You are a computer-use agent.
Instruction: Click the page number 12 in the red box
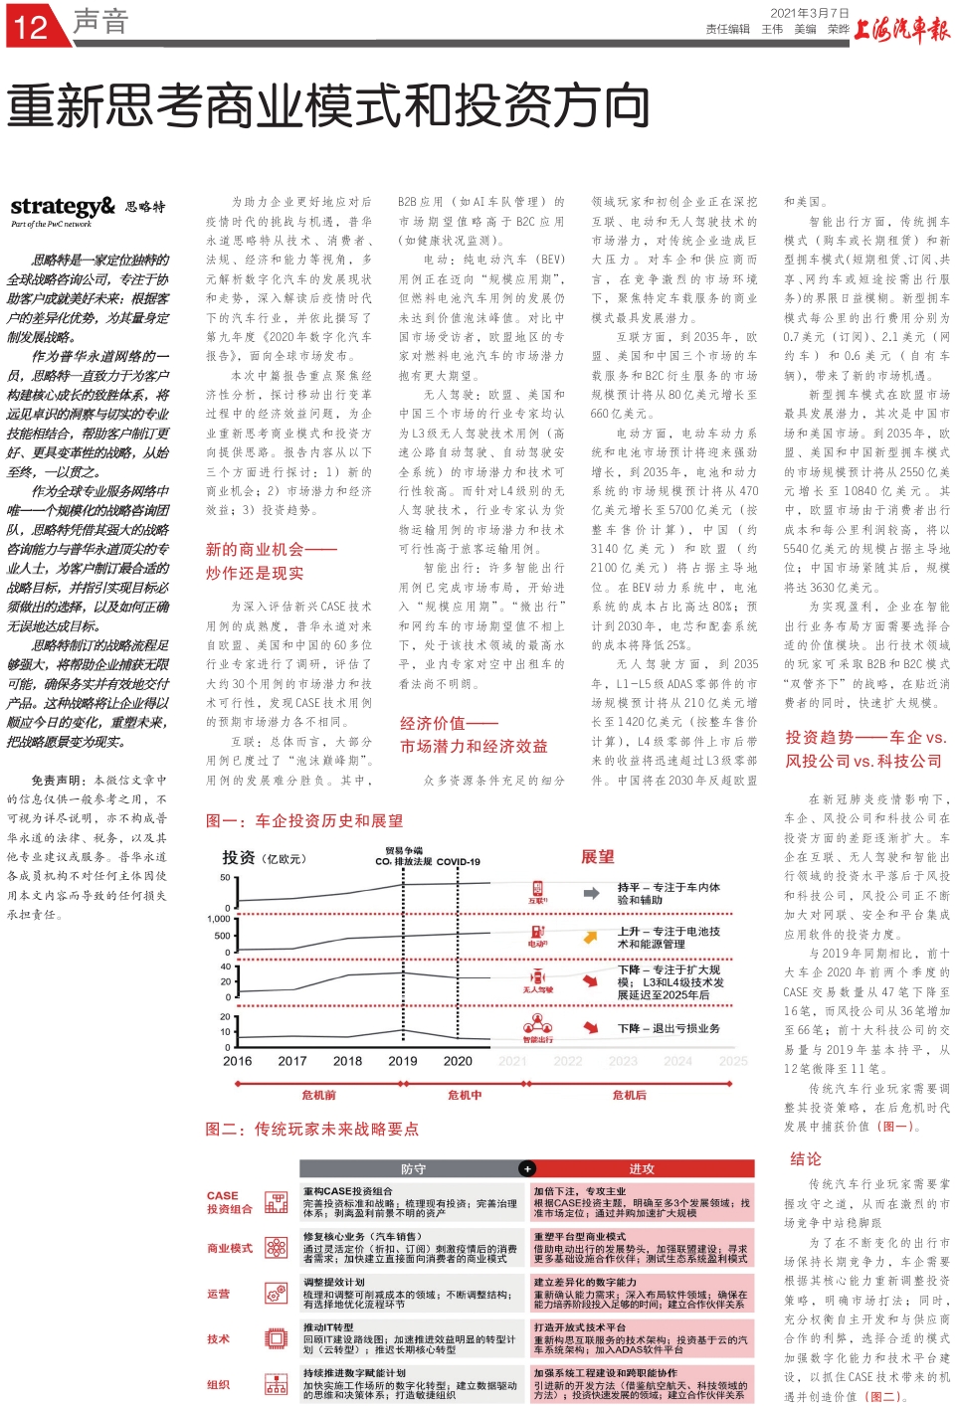point(32,26)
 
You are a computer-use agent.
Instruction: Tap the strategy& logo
point(63,207)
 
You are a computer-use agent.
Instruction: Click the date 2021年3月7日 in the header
point(810,13)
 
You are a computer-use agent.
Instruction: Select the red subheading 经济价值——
point(449,723)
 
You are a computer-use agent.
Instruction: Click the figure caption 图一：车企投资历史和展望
point(304,820)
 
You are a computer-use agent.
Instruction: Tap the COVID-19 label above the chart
point(458,862)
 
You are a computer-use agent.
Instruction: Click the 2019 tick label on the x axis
point(403,1061)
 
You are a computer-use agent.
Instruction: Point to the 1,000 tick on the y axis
point(219,919)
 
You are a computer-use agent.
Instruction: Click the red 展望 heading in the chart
point(598,856)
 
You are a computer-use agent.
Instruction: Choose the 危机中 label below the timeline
point(465,1095)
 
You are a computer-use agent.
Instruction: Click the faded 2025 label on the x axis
point(733,1061)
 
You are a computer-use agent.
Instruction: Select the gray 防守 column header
point(413,1169)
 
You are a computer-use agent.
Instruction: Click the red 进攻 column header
point(642,1169)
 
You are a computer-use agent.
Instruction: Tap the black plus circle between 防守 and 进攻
point(527,1169)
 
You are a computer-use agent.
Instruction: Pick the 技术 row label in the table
point(218,1339)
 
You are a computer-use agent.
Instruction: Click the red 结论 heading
point(806,1158)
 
